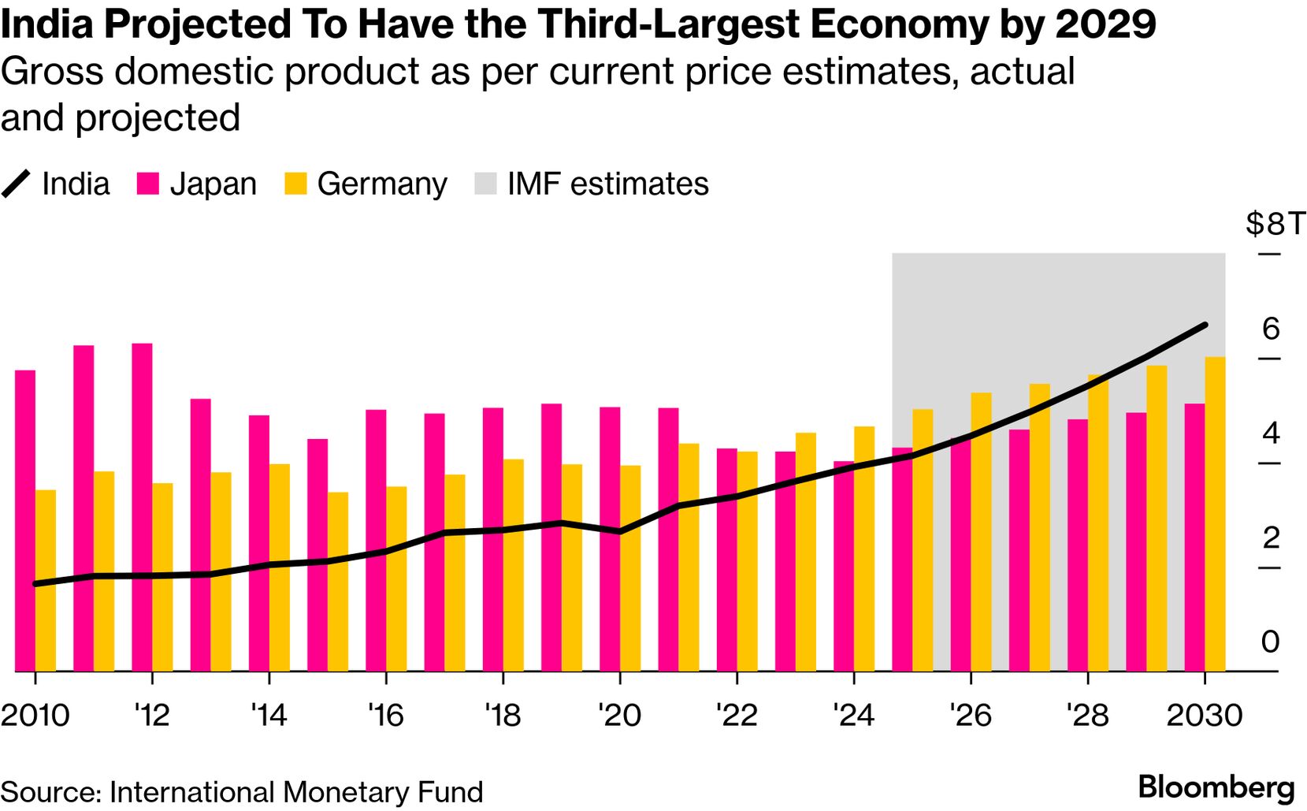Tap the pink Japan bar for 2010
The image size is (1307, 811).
(25, 520)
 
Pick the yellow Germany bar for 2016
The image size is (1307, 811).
(396, 578)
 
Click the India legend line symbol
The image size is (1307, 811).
(16, 184)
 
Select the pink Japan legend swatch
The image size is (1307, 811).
(147, 184)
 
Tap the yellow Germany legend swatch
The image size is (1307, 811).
(295, 184)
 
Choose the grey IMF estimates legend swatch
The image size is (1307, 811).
(485, 184)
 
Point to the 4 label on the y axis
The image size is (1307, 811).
(1270, 433)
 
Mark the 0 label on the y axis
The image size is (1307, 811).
(1270, 642)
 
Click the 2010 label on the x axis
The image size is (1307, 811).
(35, 715)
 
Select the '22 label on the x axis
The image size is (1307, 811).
(737, 715)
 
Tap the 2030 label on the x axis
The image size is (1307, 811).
(1204, 715)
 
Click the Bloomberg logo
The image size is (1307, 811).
(1216, 787)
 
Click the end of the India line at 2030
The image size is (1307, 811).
(1205, 325)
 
